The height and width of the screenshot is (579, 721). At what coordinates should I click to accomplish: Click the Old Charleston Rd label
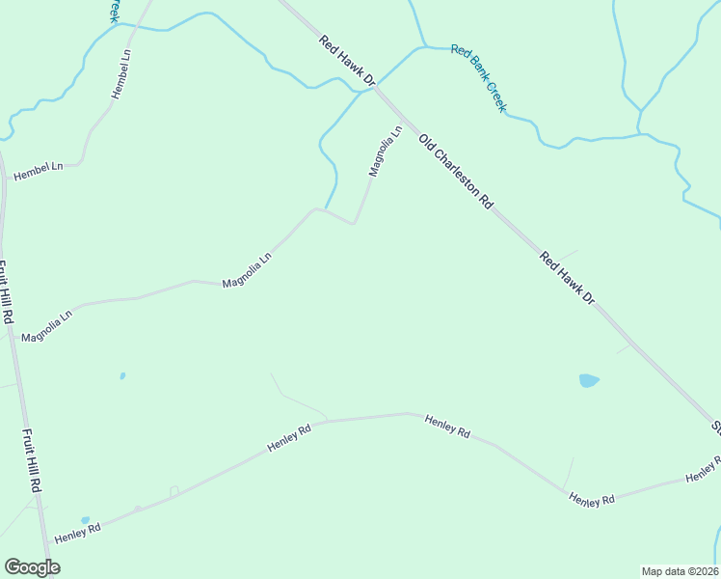click(457, 172)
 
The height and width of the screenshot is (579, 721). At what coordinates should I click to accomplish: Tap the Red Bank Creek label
click(478, 78)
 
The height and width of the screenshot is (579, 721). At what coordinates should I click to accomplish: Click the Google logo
click(32, 567)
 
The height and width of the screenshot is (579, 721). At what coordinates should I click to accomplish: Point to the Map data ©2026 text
click(680, 571)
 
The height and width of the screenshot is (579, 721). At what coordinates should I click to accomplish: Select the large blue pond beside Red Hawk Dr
click(589, 380)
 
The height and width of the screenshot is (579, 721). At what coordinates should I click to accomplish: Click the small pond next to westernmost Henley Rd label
click(85, 520)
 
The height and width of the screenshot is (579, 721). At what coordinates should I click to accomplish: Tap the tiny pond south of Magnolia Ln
click(122, 375)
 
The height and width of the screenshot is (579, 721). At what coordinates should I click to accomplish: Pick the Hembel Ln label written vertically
click(120, 73)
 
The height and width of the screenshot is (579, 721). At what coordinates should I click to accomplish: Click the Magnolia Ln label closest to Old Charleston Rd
click(385, 151)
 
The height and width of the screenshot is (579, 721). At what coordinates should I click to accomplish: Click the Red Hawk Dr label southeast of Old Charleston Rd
click(567, 278)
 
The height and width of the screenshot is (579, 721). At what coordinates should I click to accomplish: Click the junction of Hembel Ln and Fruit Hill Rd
click(5, 178)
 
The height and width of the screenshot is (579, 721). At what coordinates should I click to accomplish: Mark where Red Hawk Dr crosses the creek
click(374, 88)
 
